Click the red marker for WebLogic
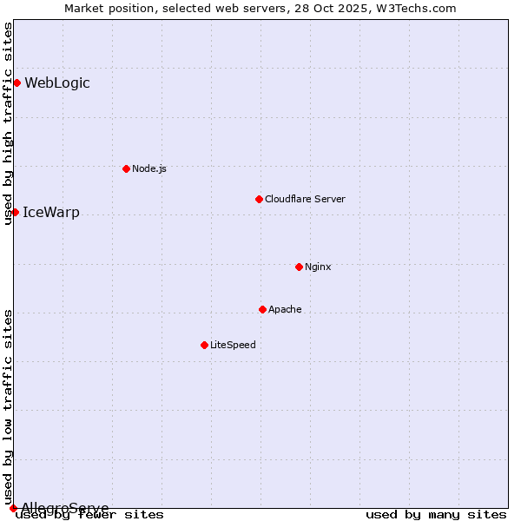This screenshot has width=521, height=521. click(x=16, y=82)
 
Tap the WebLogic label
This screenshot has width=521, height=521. click(x=57, y=83)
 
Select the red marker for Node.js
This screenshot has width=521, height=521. click(x=126, y=168)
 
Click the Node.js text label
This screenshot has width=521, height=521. click(x=149, y=168)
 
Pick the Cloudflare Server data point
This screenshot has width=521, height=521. click(x=259, y=199)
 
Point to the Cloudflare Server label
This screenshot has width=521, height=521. click(x=305, y=199)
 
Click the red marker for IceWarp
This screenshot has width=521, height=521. click(x=15, y=212)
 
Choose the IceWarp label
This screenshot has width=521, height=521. click(x=51, y=213)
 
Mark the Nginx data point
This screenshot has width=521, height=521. click(x=299, y=267)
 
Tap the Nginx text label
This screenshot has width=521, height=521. click(x=318, y=267)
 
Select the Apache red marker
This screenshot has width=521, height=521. click(x=262, y=309)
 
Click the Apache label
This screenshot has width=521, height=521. click(x=285, y=309)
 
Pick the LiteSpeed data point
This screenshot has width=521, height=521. click(x=204, y=345)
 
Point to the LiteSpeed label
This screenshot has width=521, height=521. click(x=233, y=345)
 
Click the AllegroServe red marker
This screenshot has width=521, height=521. click(x=13, y=508)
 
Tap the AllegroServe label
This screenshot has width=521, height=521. click(x=65, y=508)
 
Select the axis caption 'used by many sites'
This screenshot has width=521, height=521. click(x=436, y=515)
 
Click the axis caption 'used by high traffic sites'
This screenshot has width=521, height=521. click(x=9, y=124)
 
